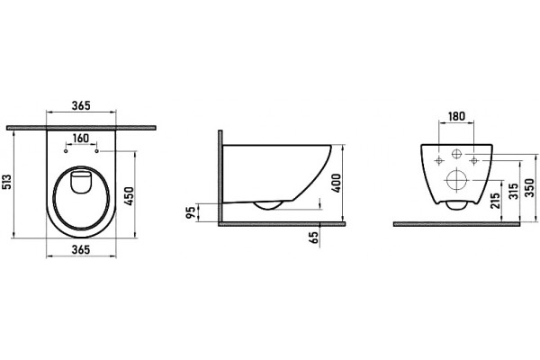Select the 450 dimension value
click(x=129, y=196)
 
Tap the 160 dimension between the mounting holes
click(x=81, y=139)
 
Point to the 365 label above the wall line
click(x=81, y=105)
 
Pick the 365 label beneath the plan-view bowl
click(x=81, y=249)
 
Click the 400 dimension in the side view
click(x=337, y=183)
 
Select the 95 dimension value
click(x=191, y=211)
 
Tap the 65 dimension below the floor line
click(x=314, y=238)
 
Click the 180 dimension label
click(x=456, y=116)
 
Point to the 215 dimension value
click(x=495, y=201)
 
